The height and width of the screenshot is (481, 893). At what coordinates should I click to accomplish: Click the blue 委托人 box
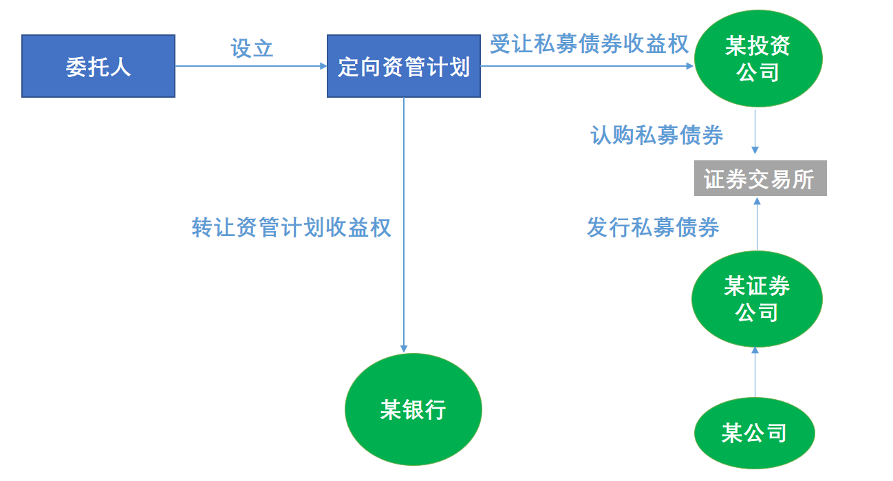click(98, 66)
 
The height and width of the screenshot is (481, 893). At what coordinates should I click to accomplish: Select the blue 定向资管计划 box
click(403, 66)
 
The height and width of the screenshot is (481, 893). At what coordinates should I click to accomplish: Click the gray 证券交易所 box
click(760, 179)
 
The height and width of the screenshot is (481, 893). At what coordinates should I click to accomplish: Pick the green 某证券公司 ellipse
click(757, 299)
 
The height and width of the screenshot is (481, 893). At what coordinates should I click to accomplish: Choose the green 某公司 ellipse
click(755, 434)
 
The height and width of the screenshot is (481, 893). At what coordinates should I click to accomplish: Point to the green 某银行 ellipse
click(413, 410)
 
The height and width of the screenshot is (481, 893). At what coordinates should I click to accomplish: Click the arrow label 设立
click(252, 48)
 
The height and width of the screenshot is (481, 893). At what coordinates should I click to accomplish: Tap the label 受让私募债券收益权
click(589, 44)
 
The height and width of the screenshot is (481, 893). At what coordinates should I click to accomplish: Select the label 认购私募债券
click(657, 135)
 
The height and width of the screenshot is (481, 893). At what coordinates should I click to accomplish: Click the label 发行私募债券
click(653, 227)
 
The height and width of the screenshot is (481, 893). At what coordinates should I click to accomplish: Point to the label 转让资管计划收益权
click(292, 227)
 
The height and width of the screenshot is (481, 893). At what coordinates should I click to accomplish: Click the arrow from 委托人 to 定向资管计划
click(251, 66)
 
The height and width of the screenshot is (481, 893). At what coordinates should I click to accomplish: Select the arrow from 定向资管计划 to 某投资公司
click(588, 66)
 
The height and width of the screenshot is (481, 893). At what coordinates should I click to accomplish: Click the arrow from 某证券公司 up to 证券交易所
click(757, 224)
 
